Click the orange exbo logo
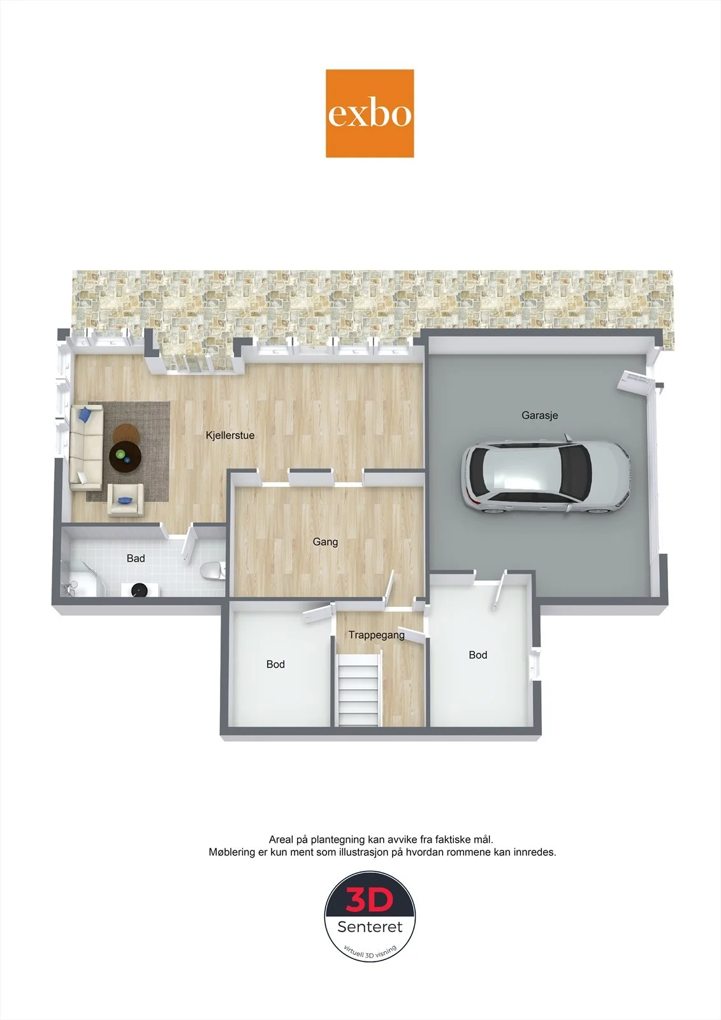pos(369,113)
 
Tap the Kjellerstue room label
pos(230,435)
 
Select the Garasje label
pos(540,415)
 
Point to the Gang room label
pos(325,542)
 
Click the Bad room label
pos(136,558)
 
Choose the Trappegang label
pos(376,635)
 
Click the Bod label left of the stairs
pos(275,664)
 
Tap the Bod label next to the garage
pos(477,655)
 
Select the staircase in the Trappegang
pos(358,690)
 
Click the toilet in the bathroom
pos(212,571)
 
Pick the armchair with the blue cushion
pos(126,500)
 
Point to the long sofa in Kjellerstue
pos(86,448)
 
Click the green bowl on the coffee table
pos(120,454)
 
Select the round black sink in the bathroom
pos(138,590)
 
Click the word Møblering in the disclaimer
pos(232,852)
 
